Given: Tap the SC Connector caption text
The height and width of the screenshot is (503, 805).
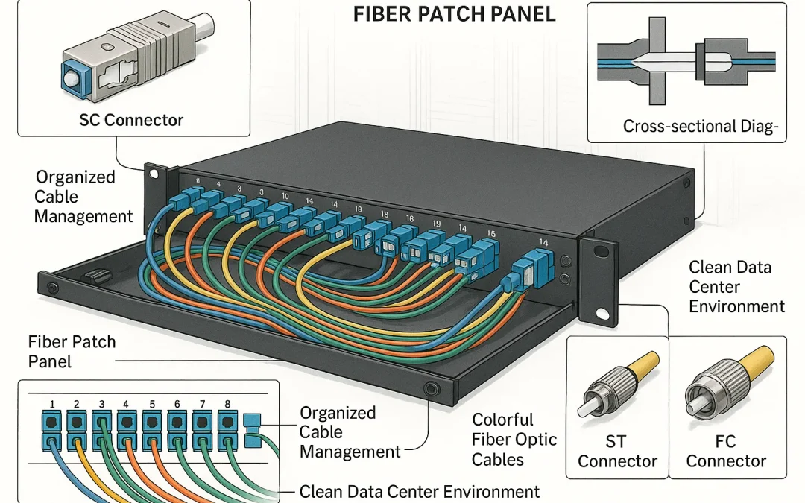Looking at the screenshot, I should (x=131, y=120).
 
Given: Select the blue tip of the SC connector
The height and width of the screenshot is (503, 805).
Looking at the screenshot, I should (x=72, y=75).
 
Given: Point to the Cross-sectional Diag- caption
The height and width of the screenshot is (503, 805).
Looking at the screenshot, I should (x=700, y=127).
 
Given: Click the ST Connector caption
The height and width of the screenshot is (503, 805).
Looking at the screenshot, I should (x=618, y=452).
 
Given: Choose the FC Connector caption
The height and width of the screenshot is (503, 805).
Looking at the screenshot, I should (x=725, y=452).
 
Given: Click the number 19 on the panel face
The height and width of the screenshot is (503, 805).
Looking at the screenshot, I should (x=437, y=224).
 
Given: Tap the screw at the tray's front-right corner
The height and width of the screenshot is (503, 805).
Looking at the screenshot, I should (x=429, y=388).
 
